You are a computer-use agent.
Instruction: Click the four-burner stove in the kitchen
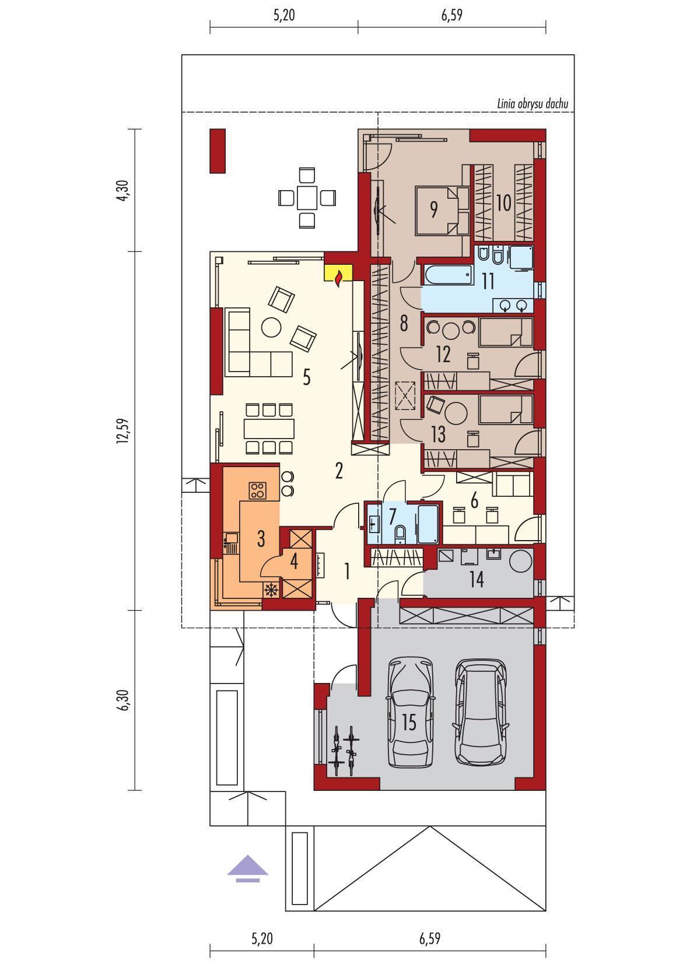pos(257,490)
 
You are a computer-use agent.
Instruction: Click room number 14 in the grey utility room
pos(477,580)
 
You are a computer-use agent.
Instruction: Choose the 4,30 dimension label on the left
pos(121,190)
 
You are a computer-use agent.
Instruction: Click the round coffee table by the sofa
pos(271,327)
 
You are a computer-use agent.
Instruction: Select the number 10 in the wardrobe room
pos(503,203)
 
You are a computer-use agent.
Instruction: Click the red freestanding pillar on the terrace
pos(217,151)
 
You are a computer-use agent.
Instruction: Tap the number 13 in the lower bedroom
pos(438,434)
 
